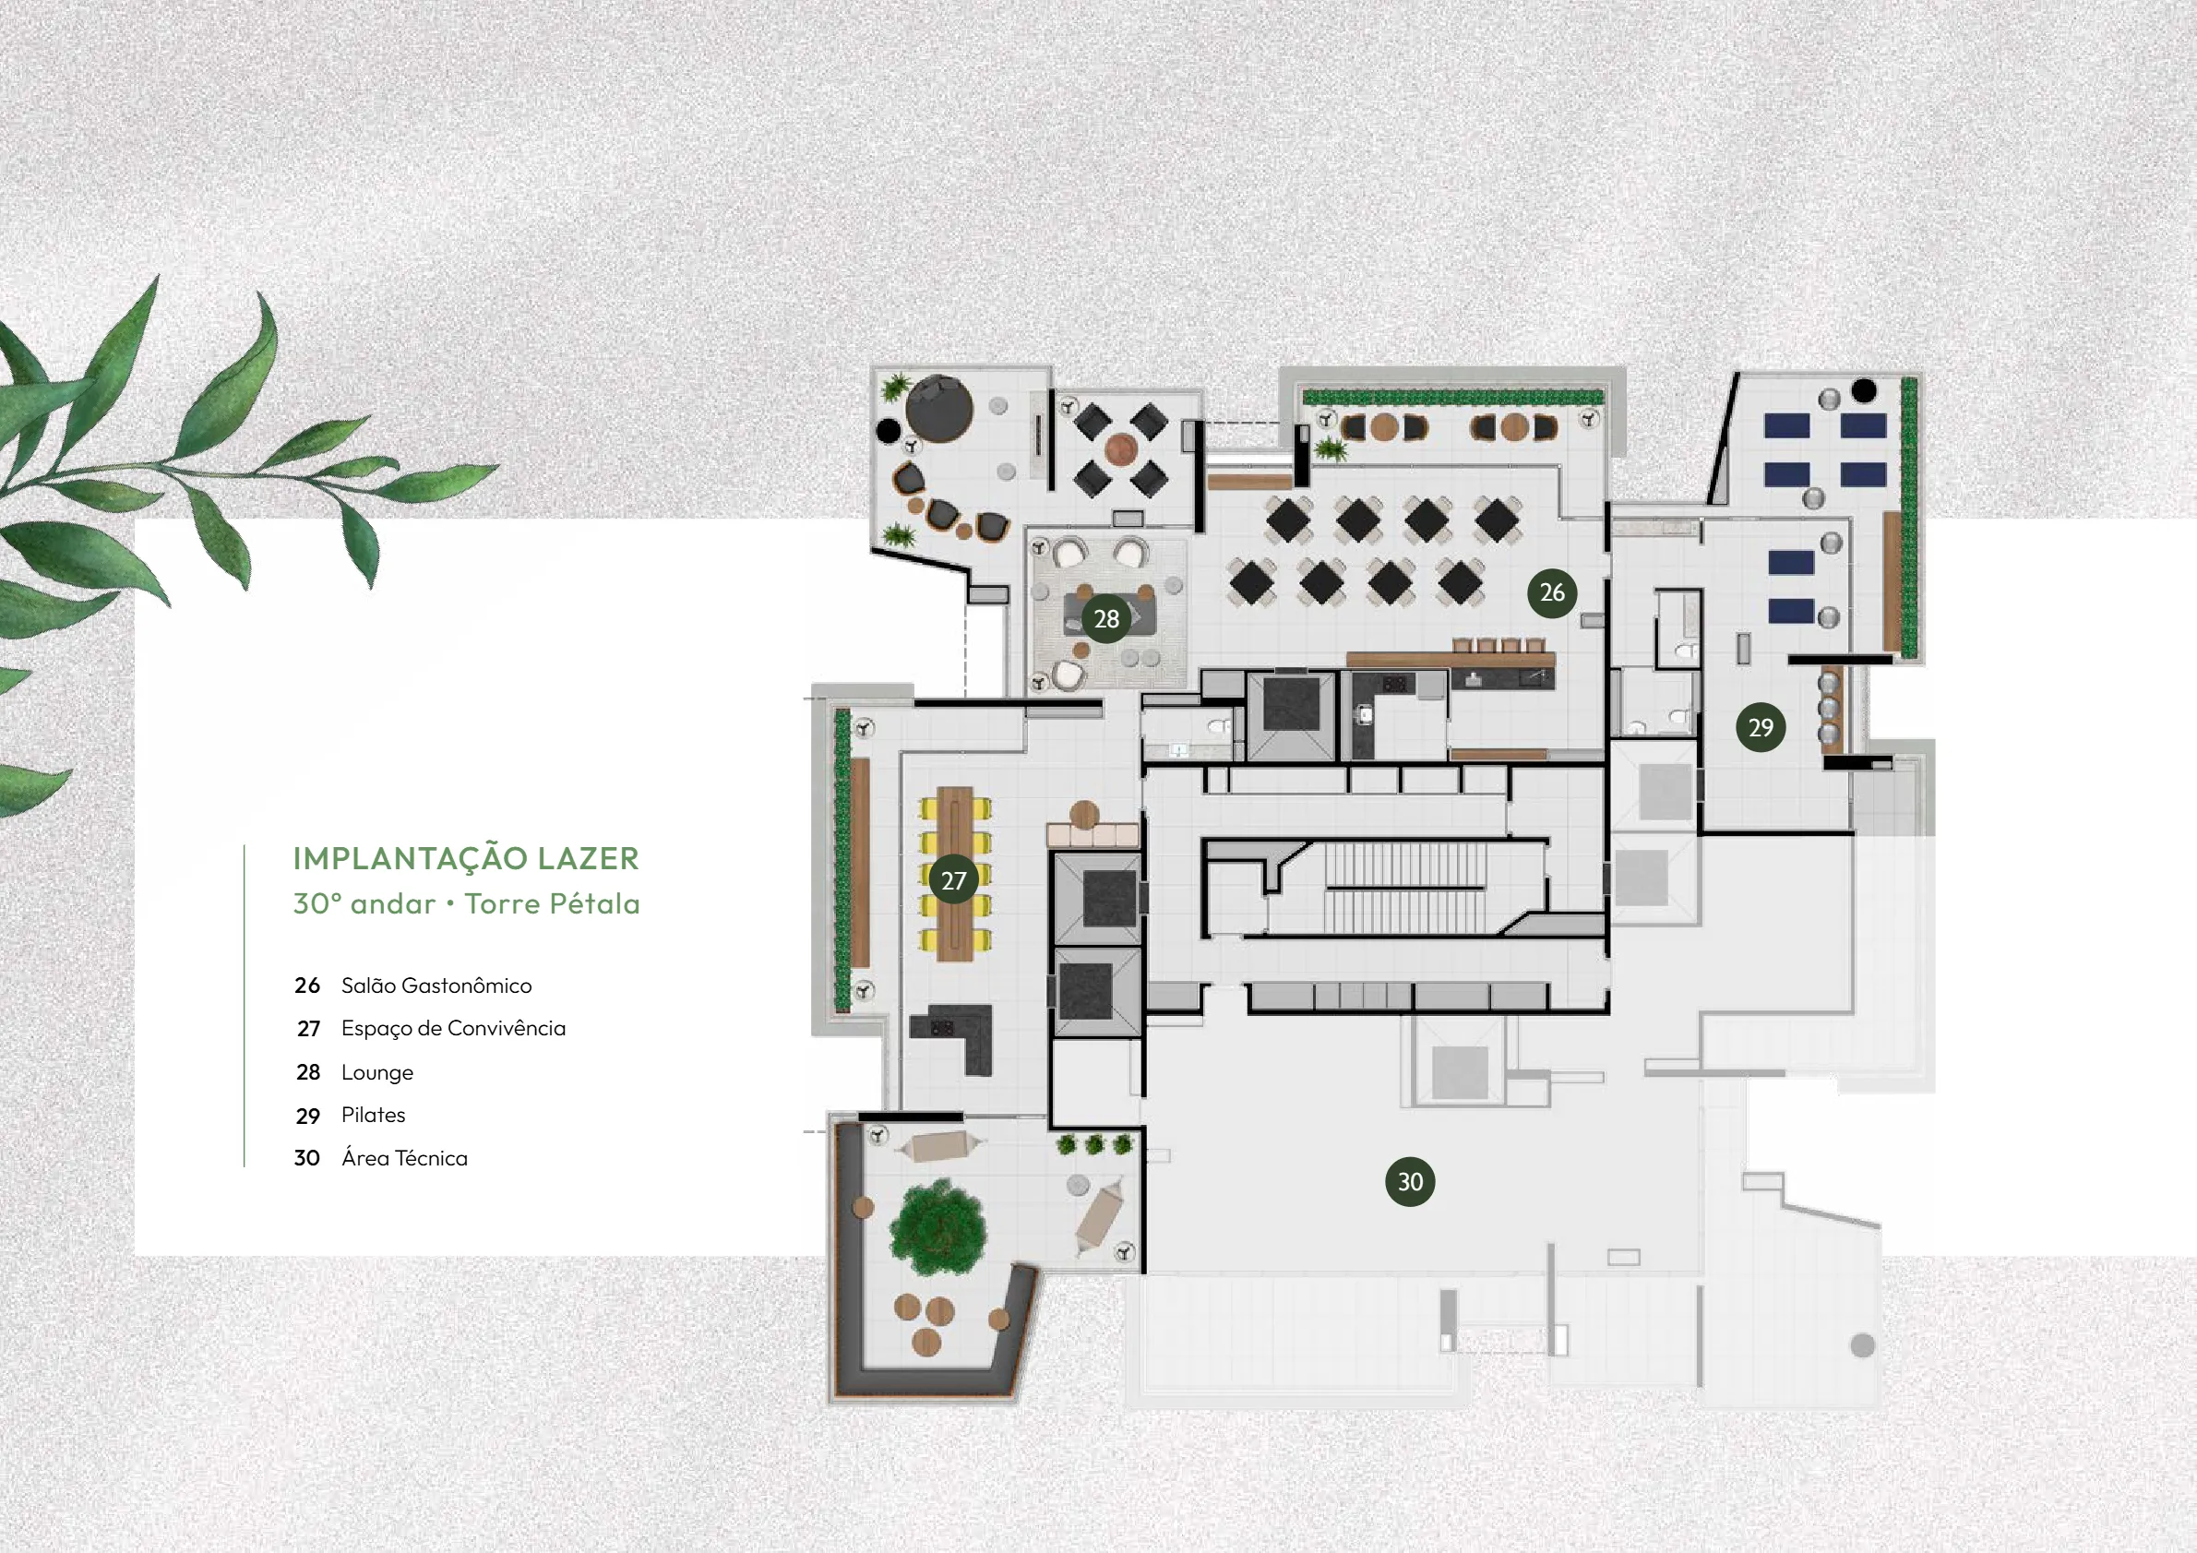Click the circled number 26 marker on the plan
1552,593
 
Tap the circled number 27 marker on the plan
953,880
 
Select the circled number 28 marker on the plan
1106,619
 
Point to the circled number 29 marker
1761,727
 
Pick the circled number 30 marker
1410,1182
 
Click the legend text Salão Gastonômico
436,986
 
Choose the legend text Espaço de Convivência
454,1029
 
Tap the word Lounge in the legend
377,1072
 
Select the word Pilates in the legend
373,1116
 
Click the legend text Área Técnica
405,1159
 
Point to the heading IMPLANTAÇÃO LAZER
466,858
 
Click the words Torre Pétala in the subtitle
552,904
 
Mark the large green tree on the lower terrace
937,1227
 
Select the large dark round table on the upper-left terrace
938,408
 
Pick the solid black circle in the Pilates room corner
1863,390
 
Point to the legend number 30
307,1159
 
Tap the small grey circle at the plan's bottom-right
1862,1345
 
